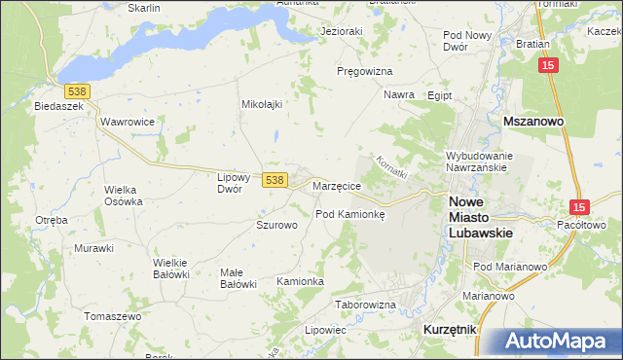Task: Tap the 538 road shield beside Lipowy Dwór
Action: (x=275, y=180)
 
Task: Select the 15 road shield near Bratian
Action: (x=550, y=64)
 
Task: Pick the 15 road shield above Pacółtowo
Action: (x=579, y=207)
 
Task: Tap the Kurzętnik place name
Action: (x=450, y=330)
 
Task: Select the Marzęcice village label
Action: (x=338, y=185)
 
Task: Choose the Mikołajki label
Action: (x=261, y=103)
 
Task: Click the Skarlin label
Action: (x=143, y=7)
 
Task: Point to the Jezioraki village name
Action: (x=342, y=31)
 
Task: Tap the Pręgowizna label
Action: (x=364, y=72)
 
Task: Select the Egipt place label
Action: (x=440, y=95)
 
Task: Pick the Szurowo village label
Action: (x=275, y=225)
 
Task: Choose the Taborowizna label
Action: (x=365, y=305)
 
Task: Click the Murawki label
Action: (x=93, y=248)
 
